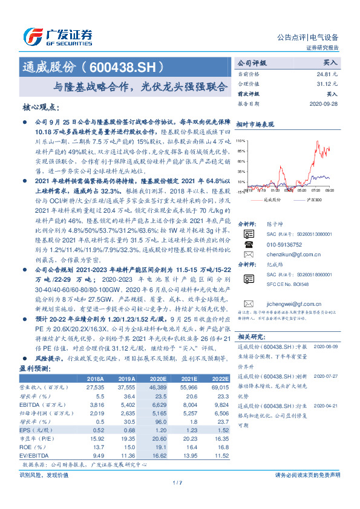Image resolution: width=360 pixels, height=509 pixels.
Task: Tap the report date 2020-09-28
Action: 326,103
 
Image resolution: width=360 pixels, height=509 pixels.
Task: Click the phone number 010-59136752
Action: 284,245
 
